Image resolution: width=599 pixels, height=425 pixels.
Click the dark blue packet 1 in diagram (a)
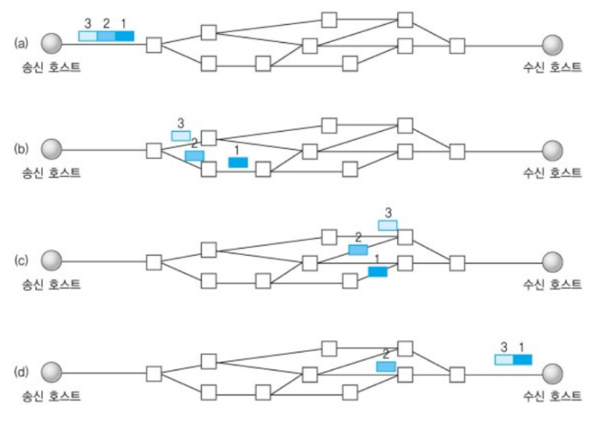pos(125,36)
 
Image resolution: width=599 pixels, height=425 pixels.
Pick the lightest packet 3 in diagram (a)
pos(88,36)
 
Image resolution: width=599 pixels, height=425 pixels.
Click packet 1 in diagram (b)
pos(238,162)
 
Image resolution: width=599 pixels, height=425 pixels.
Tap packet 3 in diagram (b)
pos(181,136)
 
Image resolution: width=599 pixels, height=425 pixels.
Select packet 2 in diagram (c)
pos(358,250)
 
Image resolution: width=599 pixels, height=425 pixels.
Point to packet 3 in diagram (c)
pos(387,225)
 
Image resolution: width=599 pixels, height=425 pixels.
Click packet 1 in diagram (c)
pos(378,271)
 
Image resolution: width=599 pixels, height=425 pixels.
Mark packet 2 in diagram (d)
pos(386,367)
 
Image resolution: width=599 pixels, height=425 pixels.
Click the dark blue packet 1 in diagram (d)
pos(523,359)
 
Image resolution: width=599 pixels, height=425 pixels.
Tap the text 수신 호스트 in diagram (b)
pos(552,172)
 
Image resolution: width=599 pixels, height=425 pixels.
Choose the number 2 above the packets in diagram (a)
pos(106,23)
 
